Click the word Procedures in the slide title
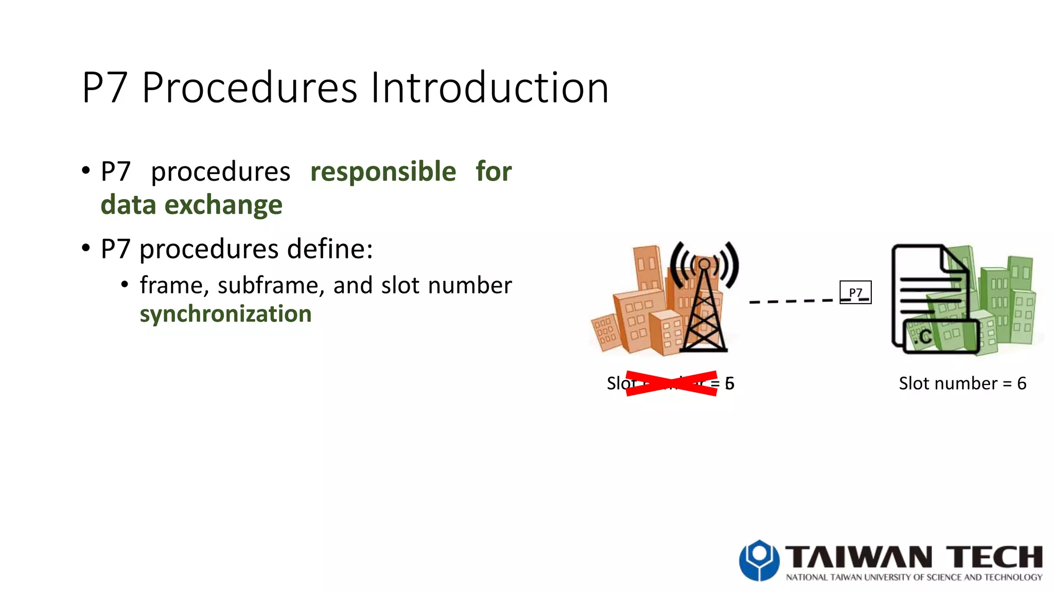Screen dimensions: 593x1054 tap(249, 88)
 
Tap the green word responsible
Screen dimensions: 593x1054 tap(383, 171)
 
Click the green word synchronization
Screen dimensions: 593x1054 tap(225, 314)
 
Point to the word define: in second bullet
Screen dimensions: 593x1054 tap(330, 249)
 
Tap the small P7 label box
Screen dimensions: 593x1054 tap(855, 292)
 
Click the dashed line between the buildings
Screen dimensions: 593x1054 tap(790, 301)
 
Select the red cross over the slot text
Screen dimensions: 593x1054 tap(672, 383)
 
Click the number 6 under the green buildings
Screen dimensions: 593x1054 tap(1022, 383)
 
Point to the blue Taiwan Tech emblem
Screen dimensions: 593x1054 tap(759, 560)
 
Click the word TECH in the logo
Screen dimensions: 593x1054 tap(994, 557)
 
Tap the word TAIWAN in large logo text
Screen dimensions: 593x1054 tap(858, 557)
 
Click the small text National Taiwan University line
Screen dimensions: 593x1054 tap(914, 578)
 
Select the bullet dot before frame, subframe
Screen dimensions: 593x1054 tap(125, 284)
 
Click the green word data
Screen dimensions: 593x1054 tap(128, 205)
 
